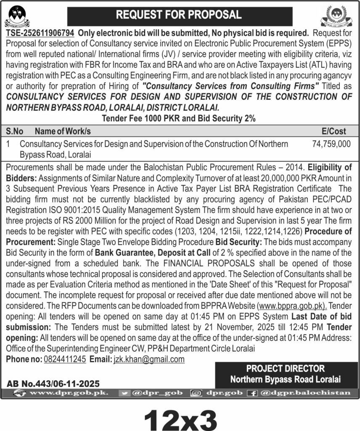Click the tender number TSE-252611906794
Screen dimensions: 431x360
[40, 33]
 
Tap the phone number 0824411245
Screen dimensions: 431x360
[64, 359]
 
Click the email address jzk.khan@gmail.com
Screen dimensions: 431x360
[149, 359]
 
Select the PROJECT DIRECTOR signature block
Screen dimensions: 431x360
[286, 374]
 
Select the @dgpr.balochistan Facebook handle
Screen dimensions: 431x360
[305, 393]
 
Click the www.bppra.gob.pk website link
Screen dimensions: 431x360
[293, 305]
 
